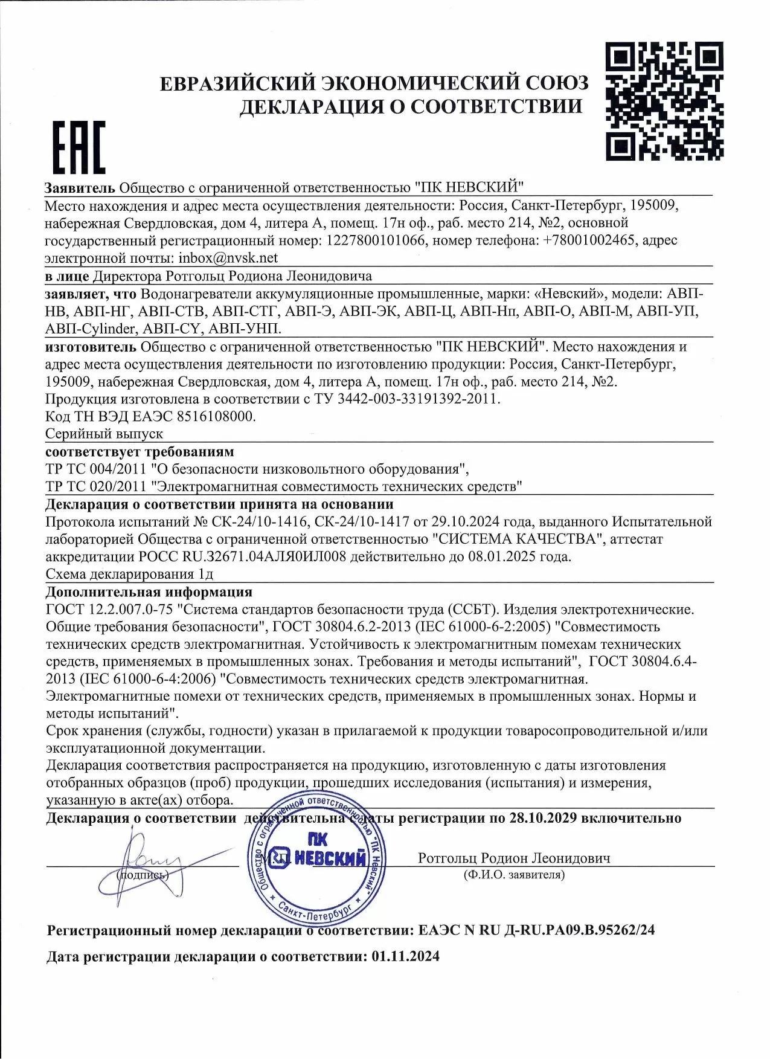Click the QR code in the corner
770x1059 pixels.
tap(664, 101)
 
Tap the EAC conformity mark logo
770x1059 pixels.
tap(79, 147)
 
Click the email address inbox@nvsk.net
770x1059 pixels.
tap(228, 258)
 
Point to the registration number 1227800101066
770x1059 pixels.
tap(375, 240)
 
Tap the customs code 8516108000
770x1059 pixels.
tap(216, 416)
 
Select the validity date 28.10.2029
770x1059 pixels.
tap(543, 818)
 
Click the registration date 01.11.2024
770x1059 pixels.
tap(406, 956)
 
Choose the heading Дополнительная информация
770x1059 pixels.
tap(149, 591)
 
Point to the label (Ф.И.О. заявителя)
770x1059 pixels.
tap(514, 875)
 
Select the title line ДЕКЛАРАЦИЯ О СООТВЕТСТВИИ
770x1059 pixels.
tap(411, 106)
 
